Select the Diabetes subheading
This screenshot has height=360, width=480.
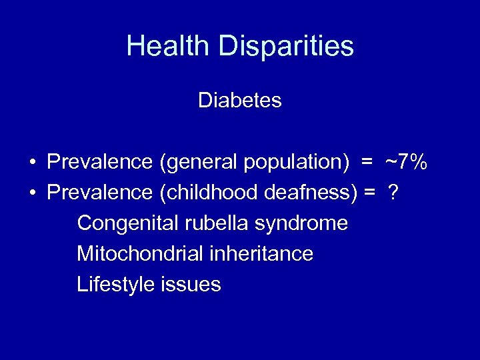point(240,101)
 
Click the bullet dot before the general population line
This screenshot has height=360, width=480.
point(32,163)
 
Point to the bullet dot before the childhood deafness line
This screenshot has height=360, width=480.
point(32,193)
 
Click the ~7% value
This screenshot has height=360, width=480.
point(405,162)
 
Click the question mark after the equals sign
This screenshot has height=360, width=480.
point(393,193)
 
